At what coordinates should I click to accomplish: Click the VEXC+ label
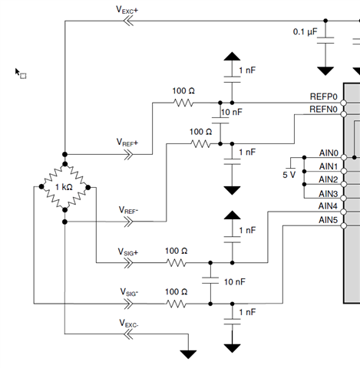click(127, 10)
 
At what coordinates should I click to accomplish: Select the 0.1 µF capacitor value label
click(305, 31)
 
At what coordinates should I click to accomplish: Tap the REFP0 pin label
click(324, 97)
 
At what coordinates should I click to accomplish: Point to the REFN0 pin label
click(323, 110)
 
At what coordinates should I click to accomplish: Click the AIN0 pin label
click(329, 153)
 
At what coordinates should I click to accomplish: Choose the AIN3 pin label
click(329, 194)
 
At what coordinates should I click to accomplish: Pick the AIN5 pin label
click(329, 220)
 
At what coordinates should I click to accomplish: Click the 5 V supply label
click(289, 175)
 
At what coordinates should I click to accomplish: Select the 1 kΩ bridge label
click(64, 187)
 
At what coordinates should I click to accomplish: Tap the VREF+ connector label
click(127, 143)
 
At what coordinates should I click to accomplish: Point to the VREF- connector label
click(128, 210)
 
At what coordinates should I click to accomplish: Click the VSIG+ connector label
click(128, 252)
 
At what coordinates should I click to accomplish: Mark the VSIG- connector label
click(129, 292)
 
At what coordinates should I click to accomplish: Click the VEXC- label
click(129, 324)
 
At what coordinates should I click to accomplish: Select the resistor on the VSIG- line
click(177, 304)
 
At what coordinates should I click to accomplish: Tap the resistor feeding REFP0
click(183, 103)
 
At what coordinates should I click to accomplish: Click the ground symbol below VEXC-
click(188, 354)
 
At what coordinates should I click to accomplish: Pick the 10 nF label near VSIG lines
click(235, 282)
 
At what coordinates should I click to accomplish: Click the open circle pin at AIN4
click(344, 212)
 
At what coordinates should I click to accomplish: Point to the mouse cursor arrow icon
click(18, 72)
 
